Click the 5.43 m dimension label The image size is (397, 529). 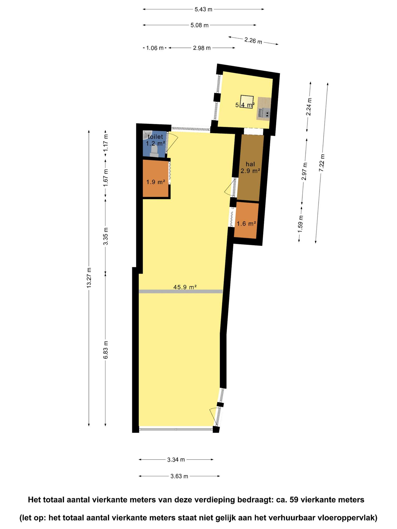(203, 10)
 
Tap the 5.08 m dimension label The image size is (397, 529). (199, 25)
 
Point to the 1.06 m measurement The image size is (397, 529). (155, 48)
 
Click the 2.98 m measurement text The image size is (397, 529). (202, 48)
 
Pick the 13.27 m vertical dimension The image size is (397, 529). (89, 278)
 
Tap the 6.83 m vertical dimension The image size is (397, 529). (105, 350)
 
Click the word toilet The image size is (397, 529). (155, 137)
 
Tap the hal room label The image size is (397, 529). (250, 164)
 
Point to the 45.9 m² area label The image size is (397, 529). (185, 287)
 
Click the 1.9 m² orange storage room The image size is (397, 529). (156, 179)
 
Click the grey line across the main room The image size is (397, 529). (181, 291)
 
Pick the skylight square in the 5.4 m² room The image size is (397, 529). (247, 102)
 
